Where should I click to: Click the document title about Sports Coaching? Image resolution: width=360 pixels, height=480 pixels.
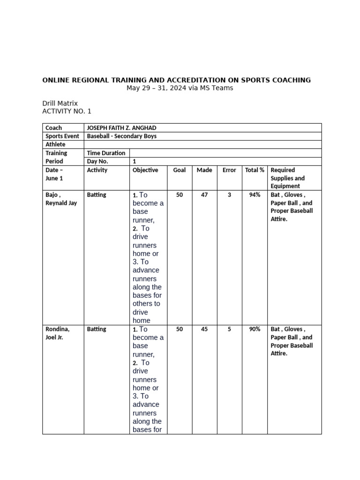click(x=176, y=80)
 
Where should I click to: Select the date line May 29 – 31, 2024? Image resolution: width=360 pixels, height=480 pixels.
click(x=180, y=88)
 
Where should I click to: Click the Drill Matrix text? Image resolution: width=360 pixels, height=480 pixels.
click(x=60, y=103)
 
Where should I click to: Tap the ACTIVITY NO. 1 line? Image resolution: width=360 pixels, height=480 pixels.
click(x=67, y=111)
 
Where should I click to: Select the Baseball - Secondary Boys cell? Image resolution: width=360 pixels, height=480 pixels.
click(x=121, y=136)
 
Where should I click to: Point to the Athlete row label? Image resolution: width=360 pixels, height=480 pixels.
click(x=55, y=144)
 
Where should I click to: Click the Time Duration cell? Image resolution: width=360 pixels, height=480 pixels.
click(x=106, y=153)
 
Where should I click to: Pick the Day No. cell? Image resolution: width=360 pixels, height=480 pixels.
click(x=97, y=161)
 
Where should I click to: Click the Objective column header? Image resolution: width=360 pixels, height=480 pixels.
click(x=145, y=170)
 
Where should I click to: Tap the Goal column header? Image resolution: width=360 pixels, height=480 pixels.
click(x=180, y=170)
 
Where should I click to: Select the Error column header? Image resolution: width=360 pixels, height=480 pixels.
click(x=229, y=170)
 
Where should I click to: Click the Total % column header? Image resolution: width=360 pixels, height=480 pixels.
click(x=255, y=170)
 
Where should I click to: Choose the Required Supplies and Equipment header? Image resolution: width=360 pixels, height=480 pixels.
click(x=287, y=178)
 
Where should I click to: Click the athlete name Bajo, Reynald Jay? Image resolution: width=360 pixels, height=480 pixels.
click(x=61, y=199)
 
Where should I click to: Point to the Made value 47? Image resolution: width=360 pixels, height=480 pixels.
click(x=204, y=195)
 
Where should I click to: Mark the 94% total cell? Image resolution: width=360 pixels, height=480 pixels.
click(x=255, y=195)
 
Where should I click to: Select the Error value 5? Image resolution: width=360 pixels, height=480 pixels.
click(x=229, y=329)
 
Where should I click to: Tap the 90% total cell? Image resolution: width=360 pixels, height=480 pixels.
click(x=255, y=329)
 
